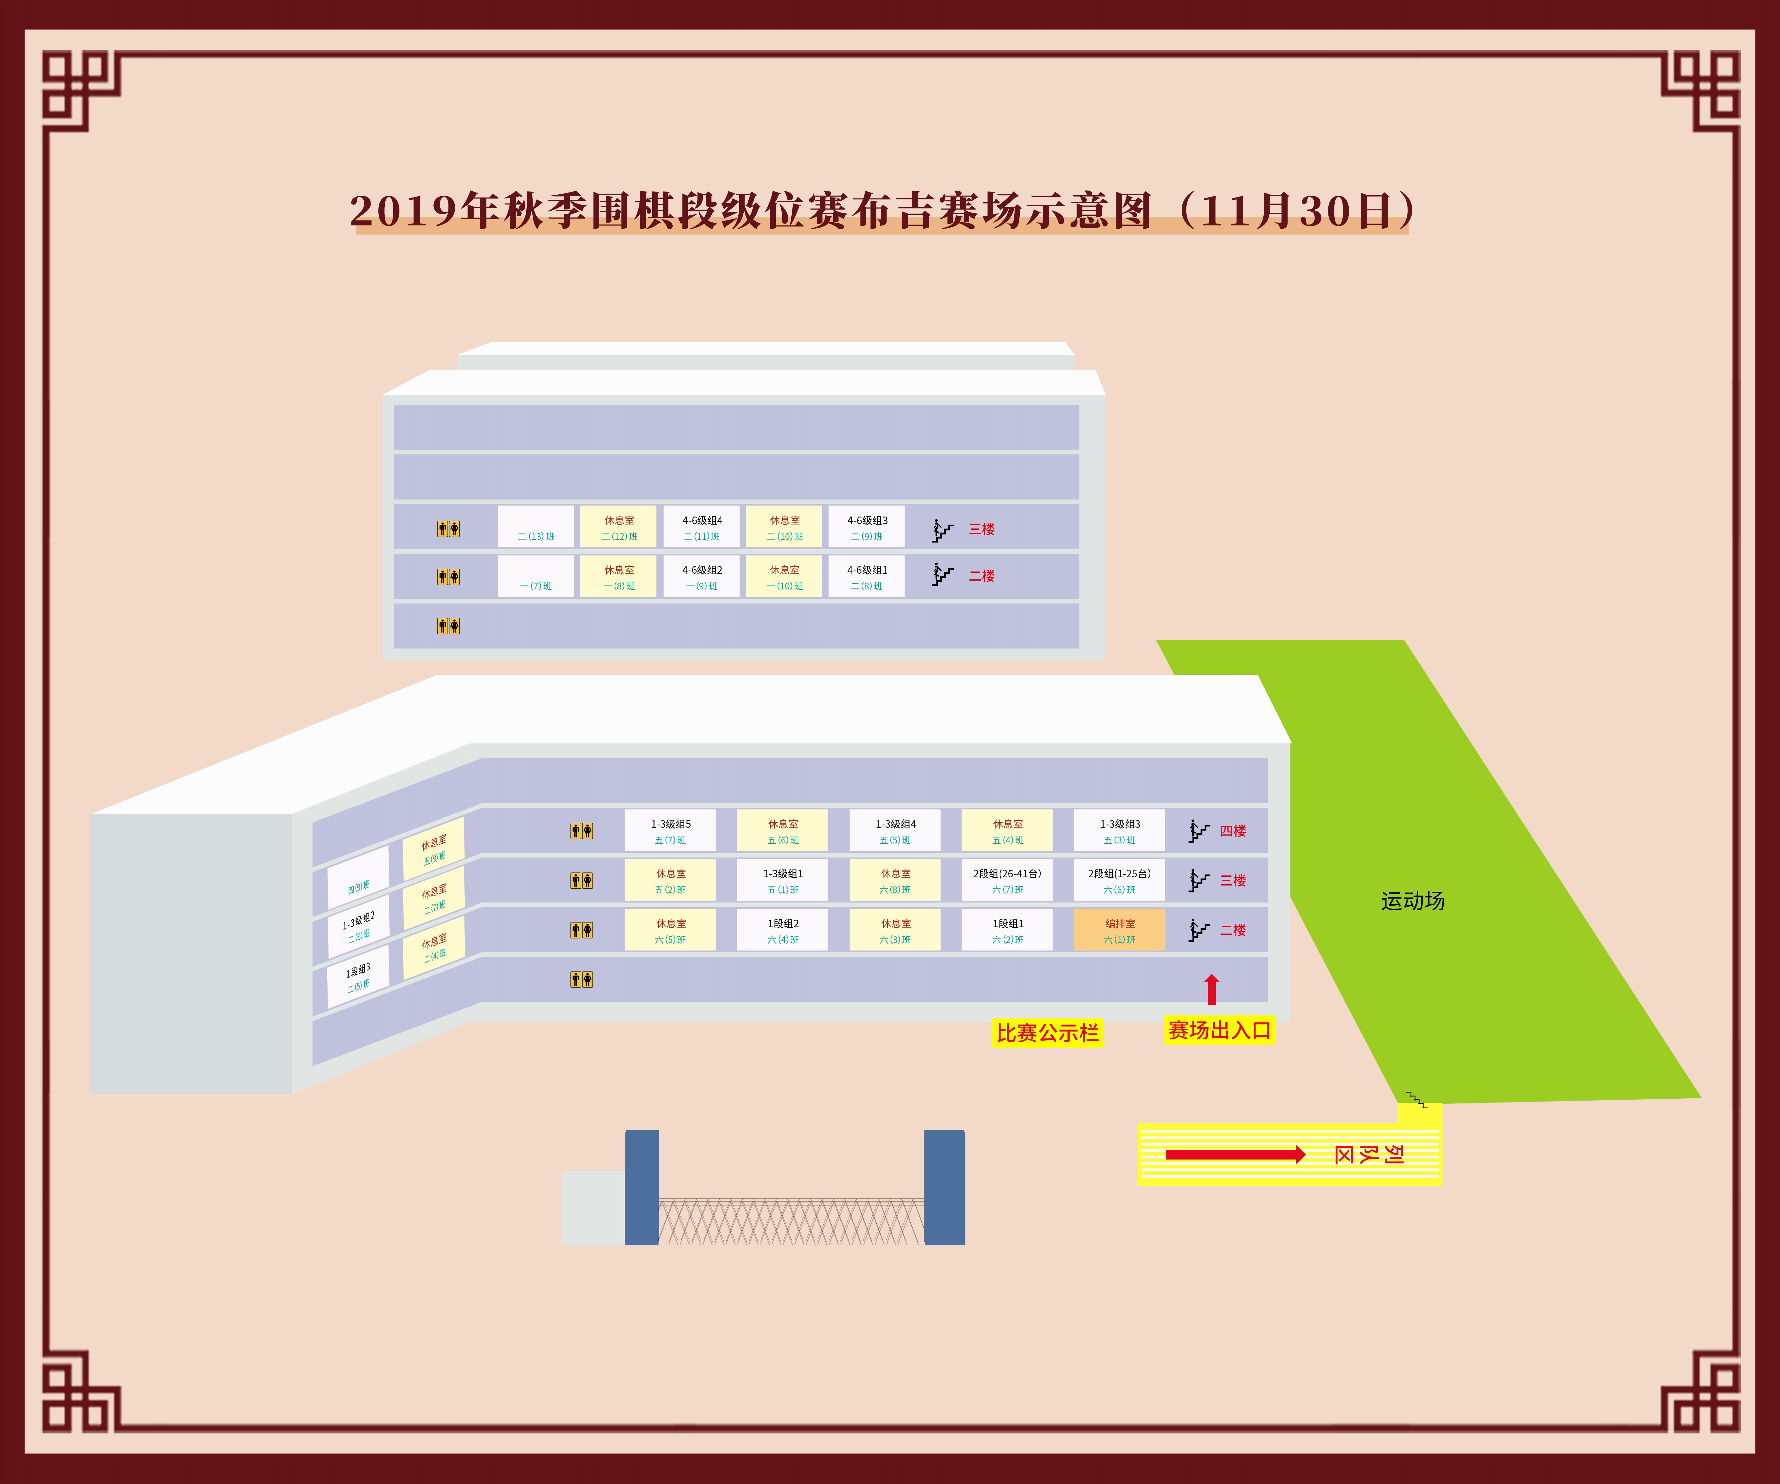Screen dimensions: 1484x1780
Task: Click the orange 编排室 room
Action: [1119, 930]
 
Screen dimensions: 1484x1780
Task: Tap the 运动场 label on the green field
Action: [1412, 901]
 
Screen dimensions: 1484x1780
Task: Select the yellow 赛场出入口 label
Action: [1219, 1031]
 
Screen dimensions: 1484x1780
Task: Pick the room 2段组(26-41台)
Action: [1007, 880]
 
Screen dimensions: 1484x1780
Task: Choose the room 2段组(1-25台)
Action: [1119, 880]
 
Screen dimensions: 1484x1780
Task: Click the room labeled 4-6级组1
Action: [866, 576]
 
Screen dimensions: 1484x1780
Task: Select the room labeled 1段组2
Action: [782, 930]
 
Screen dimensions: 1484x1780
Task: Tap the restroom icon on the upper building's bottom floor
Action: [448, 626]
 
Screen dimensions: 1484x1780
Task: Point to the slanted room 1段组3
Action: [358, 977]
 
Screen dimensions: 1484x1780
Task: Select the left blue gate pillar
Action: [642, 1187]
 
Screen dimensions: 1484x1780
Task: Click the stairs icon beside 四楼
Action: [1198, 831]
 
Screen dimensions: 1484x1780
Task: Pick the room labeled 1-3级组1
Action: [782, 880]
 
